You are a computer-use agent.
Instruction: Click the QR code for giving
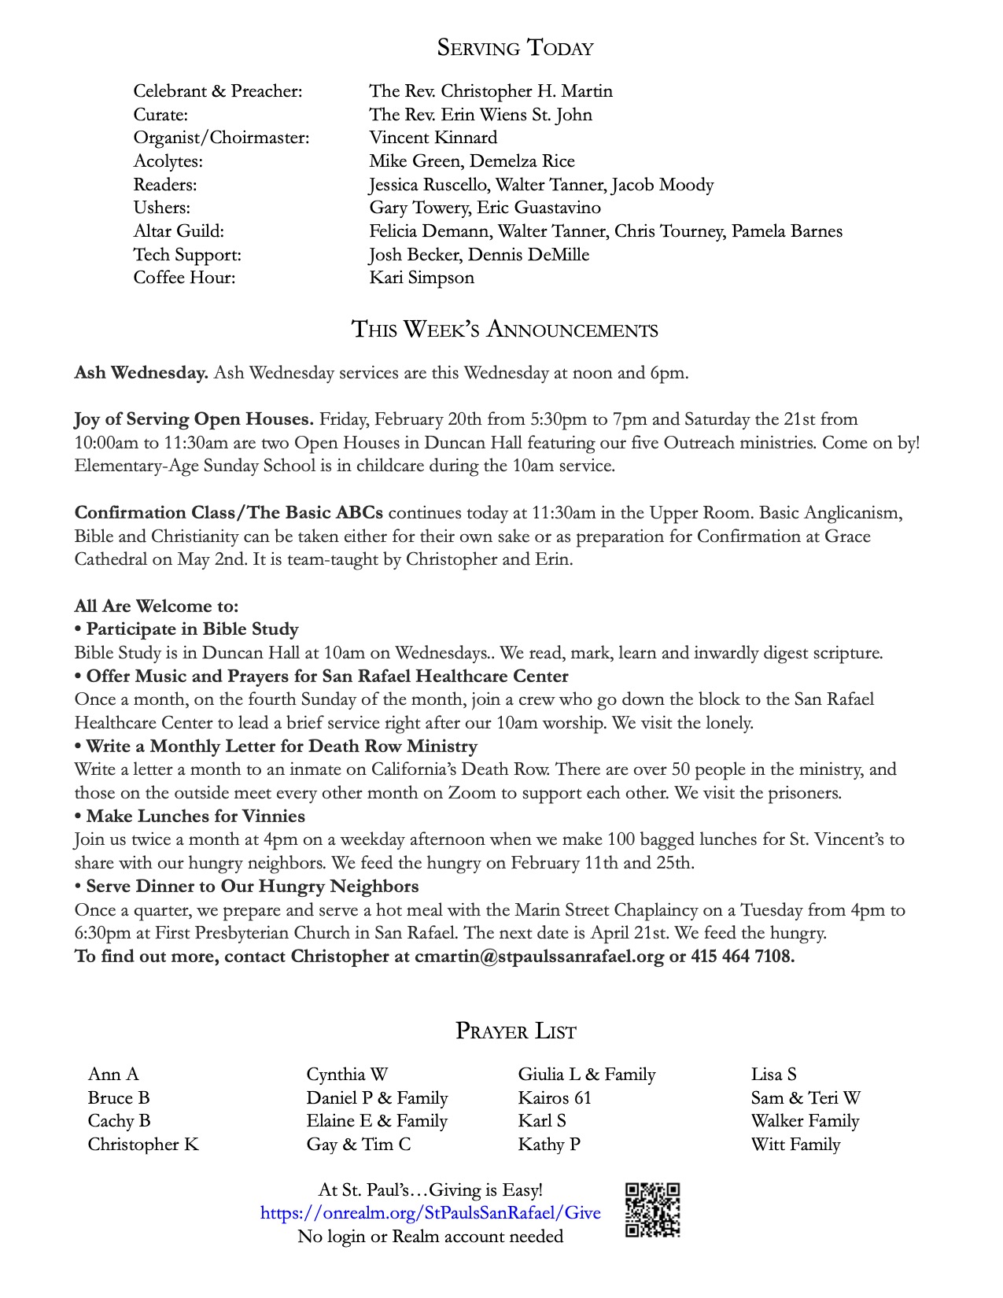[652, 1210]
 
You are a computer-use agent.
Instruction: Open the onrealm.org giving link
[430, 1212]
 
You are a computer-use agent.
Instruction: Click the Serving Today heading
[514, 48]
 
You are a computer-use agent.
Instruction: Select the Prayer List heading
[515, 1031]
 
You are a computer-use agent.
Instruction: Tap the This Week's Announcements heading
[504, 329]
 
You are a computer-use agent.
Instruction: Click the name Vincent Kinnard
[433, 138]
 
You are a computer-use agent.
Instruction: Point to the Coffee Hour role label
[184, 278]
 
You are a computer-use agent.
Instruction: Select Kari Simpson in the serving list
[422, 278]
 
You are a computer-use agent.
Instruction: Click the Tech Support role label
[187, 255]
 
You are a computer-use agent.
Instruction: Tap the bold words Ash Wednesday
[141, 373]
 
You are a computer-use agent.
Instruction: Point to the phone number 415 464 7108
[743, 957]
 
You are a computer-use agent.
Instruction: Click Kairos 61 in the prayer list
[554, 1097]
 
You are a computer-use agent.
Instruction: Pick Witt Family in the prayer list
[795, 1144]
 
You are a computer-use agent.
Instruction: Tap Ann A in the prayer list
[113, 1075]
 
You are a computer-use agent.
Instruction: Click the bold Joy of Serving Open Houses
[194, 419]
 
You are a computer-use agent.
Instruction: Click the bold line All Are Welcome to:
[156, 606]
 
